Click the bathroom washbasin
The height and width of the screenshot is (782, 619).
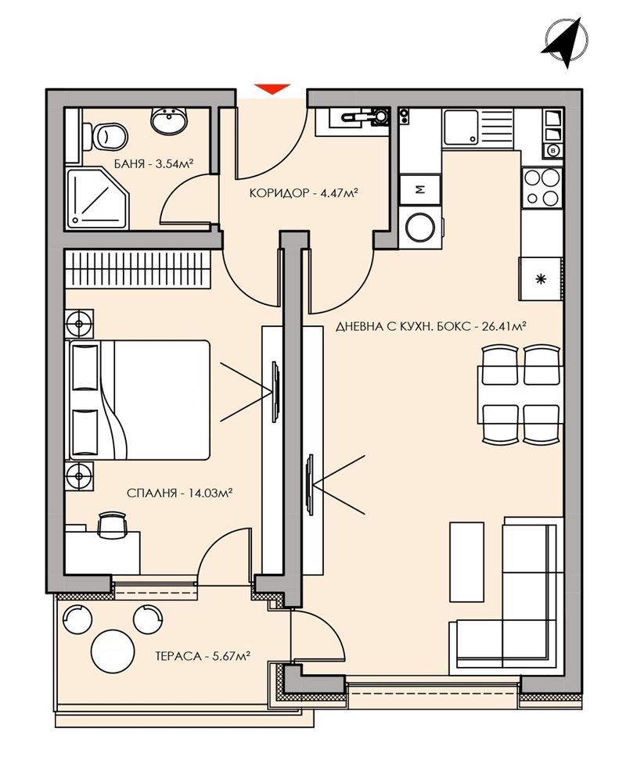tap(168, 121)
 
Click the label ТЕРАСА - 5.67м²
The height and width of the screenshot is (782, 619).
tap(202, 657)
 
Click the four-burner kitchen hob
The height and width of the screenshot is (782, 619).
tap(542, 187)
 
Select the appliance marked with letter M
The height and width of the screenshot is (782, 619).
tap(420, 188)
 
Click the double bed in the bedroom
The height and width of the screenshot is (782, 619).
tap(141, 399)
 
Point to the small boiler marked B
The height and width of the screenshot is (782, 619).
tap(554, 149)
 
